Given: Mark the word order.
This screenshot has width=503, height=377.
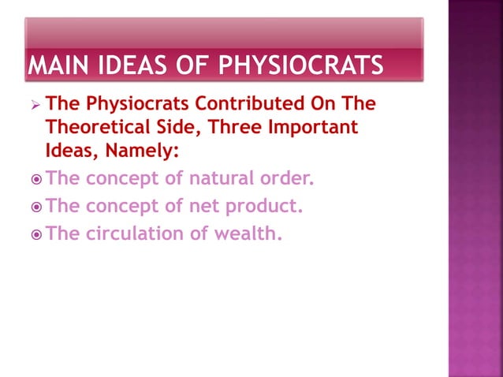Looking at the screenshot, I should [x=287, y=178].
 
